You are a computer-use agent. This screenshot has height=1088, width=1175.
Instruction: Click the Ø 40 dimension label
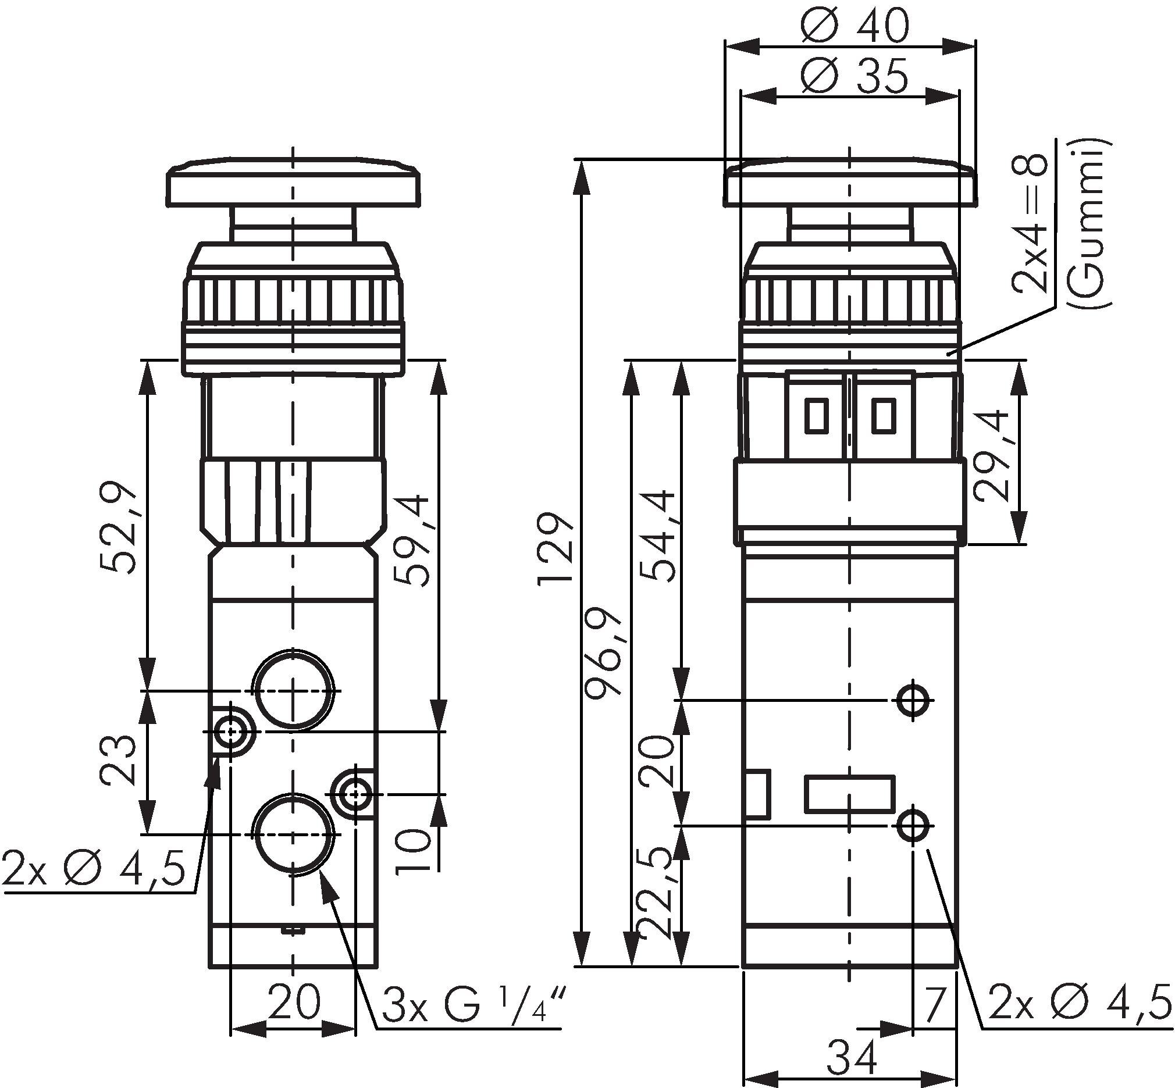[x=855, y=27]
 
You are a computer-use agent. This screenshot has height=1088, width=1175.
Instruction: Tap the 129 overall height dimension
[x=554, y=548]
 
